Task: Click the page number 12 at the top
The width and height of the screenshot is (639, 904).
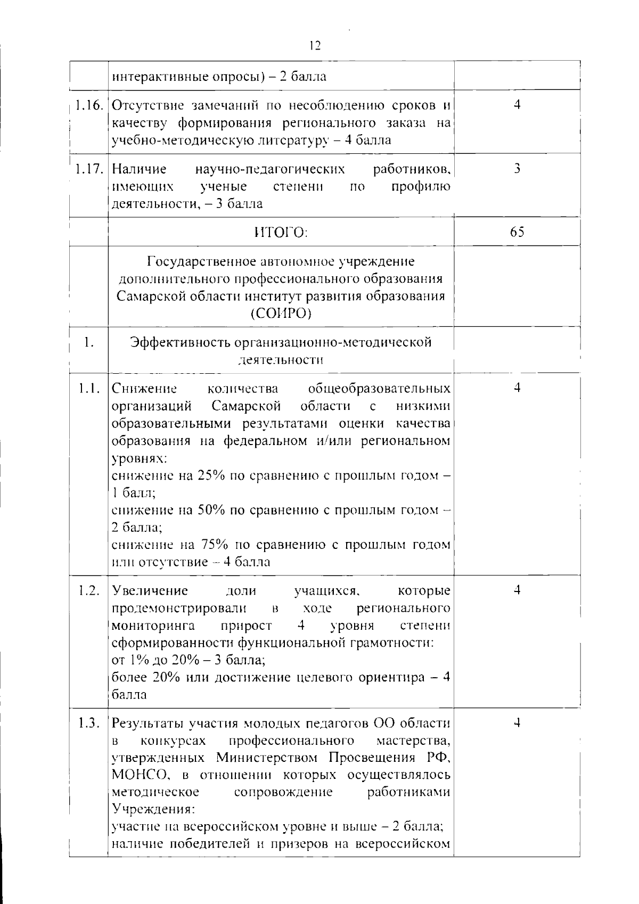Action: pos(315,46)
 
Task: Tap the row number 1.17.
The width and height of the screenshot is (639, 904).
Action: pos(88,169)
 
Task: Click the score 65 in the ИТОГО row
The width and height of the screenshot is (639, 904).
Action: pos(517,232)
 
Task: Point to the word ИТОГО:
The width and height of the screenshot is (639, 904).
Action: pos(281,233)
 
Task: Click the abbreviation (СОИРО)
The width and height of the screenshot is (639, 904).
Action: pos(281,314)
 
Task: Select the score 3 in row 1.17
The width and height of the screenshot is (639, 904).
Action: pos(517,169)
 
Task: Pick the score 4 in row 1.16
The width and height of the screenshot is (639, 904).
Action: pos(517,105)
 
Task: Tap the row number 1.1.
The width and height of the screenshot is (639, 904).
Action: pos(88,389)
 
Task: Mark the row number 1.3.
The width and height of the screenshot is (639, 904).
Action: pos(88,724)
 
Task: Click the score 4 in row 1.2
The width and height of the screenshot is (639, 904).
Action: pos(517,590)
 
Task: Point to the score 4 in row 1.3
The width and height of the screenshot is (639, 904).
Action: pos(517,723)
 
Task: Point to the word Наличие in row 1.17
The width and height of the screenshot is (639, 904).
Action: pos(139,169)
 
